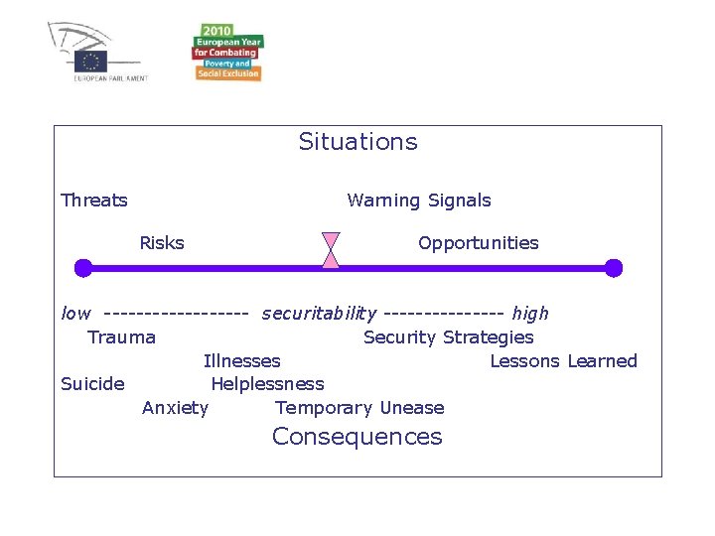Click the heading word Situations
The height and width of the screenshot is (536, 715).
coord(357,142)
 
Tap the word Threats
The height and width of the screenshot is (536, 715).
coord(94,201)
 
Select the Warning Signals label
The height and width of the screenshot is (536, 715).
coord(419,201)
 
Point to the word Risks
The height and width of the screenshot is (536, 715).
coord(162,243)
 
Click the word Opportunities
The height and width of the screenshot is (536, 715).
coord(478,243)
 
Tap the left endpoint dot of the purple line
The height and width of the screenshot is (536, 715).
coord(83,268)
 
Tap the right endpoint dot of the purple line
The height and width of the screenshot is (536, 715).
coord(613,268)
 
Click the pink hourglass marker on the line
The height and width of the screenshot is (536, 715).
coord(331,250)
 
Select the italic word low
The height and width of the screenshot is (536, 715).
coord(75,314)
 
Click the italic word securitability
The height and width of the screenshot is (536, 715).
coord(319,314)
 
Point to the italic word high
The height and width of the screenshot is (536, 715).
coord(530,314)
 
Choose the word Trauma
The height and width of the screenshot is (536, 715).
coord(121,337)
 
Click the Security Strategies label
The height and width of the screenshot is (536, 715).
coord(449,337)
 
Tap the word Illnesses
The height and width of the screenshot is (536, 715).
coord(241,361)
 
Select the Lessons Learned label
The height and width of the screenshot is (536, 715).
coord(563,361)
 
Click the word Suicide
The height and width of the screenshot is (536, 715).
coord(92,384)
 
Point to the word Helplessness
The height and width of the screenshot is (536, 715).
coord(267,384)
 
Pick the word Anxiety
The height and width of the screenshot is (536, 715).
coord(175,408)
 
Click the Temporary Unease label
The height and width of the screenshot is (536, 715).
coord(359,408)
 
